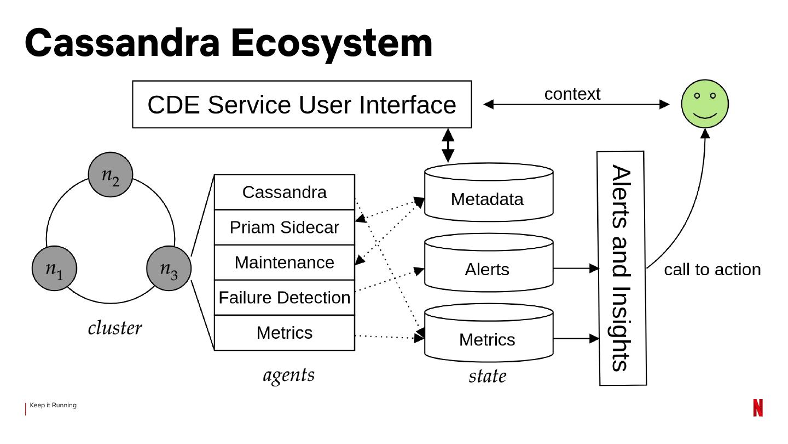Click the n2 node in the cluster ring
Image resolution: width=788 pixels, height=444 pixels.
111,174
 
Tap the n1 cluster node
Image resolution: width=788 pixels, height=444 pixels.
54,269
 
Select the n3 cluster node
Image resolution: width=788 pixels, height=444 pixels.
169,269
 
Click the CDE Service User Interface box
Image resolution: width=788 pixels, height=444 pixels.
302,105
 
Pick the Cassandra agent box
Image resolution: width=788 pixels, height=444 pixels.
284,192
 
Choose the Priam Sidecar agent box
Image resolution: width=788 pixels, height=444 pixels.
284,227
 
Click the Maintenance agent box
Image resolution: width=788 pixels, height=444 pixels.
284,263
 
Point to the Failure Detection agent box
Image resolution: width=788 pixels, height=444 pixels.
284,298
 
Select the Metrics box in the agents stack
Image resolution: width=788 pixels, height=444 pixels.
284,333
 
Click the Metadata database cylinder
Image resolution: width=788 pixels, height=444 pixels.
488,195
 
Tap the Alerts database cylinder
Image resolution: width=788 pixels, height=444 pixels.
488,265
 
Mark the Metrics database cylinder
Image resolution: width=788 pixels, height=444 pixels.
488,335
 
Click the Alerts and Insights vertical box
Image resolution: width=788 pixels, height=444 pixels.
621,269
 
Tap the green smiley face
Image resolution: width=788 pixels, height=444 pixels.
705,104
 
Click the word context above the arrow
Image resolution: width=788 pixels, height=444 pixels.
572,94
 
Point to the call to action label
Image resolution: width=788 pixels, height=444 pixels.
712,270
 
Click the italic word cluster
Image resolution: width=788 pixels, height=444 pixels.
115,328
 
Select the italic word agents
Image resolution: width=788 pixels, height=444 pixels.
289,375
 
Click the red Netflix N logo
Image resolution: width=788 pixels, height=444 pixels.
758,408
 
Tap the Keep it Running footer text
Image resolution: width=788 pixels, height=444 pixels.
53,406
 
